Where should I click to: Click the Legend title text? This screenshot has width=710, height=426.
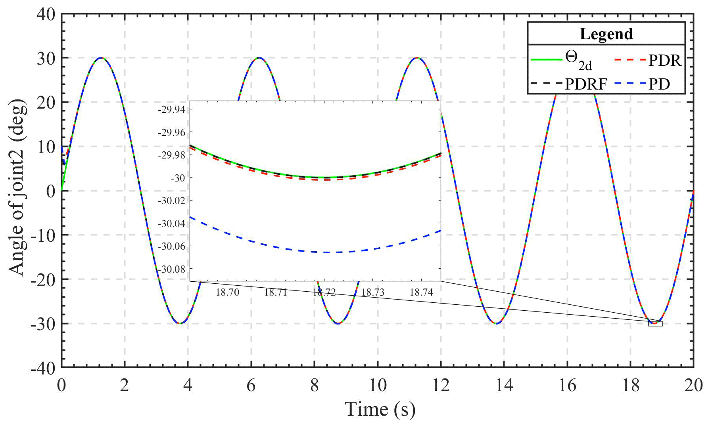tap(606, 34)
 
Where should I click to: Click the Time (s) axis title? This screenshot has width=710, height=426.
tap(380, 409)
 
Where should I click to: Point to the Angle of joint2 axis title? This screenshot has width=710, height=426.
tap(17, 187)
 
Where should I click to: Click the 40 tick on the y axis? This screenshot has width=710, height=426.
tap(46, 14)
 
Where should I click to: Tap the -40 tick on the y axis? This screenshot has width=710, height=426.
tap(43, 368)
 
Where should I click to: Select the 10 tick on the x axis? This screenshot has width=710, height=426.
tap(378, 385)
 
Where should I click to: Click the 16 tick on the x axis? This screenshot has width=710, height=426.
tap(567, 385)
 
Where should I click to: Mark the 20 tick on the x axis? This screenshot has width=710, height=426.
tap(693, 385)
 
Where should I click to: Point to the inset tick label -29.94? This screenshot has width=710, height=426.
tap(171, 109)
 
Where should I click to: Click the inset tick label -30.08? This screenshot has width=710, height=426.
tap(171, 269)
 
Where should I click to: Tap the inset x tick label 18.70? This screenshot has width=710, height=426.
tap(227, 292)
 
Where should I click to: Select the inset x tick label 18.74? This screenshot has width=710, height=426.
tap(421, 292)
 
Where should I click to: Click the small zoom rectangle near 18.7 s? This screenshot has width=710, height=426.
tap(655, 323)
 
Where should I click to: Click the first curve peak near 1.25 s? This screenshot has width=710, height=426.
tap(101, 58)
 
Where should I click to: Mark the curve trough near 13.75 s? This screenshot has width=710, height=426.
tap(496, 323)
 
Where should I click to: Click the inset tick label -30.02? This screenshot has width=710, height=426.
tap(171, 201)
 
